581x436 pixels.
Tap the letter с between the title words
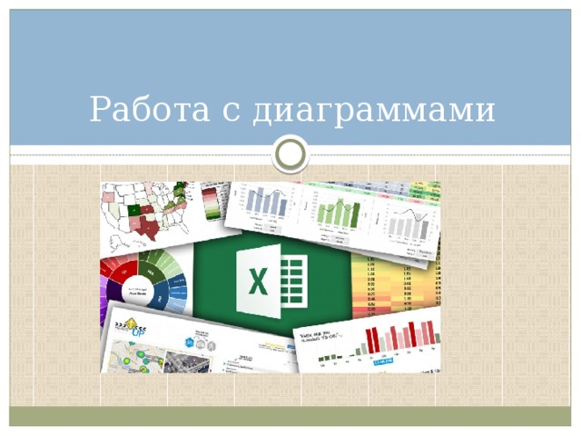click(231, 113)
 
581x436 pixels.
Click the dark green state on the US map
click(135, 209)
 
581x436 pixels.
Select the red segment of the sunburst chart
click(113, 268)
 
